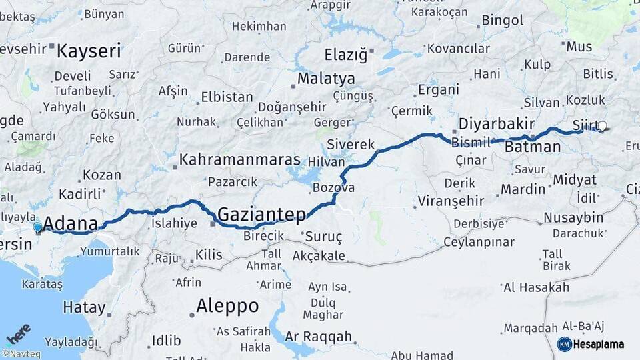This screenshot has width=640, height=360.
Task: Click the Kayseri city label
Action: pyautogui.click(x=89, y=51)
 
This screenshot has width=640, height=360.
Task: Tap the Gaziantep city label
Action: pyautogui.click(x=261, y=215)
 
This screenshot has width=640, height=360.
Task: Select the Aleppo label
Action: pyautogui.click(x=227, y=306)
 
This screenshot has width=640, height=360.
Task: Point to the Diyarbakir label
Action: pyautogui.click(x=497, y=125)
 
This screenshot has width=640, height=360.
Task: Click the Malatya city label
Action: pyautogui.click(x=326, y=79)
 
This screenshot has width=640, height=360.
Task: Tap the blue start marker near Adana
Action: pyautogui.click(x=37, y=228)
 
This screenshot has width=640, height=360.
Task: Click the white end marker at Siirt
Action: pyautogui.click(x=602, y=126)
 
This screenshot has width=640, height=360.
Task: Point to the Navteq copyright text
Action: pyautogui.click(x=21, y=353)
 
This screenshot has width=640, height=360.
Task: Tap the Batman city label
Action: pyautogui.click(x=532, y=147)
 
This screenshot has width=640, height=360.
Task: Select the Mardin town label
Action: pyautogui.click(x=523, y=189)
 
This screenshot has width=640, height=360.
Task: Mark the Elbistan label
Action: pyautogui.click(x=227, y=97)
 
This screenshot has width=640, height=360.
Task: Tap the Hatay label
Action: pyautogui.click(x=84, y=307)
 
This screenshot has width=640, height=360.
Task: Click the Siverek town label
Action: pyautogui.click(x=351, y=145)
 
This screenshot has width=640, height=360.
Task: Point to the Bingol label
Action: pyautogui.click(x=503, y=20)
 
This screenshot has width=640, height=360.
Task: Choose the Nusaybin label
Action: pyautogui.click(x=573, y=218)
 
